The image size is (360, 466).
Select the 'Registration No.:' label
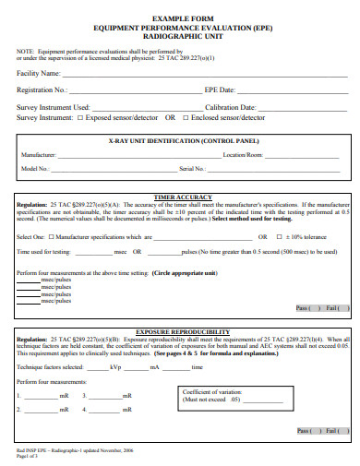(x=42, y=90)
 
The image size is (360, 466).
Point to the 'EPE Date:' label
(x=220, y=90)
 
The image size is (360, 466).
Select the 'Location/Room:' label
(x=243, y=155)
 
